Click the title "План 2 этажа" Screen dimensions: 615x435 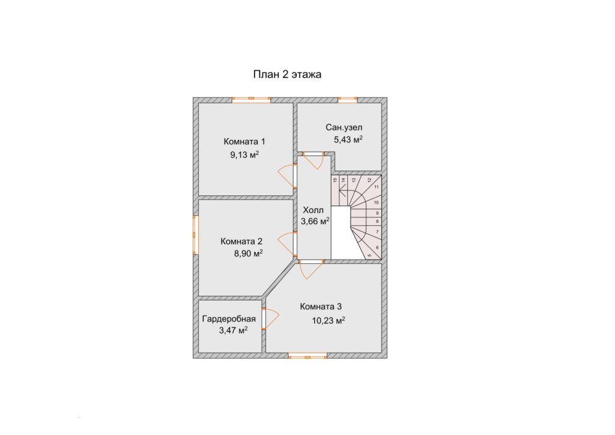click(287, 75)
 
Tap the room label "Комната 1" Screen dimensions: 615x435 click(244, 141)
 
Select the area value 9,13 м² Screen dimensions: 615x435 click(244, 154)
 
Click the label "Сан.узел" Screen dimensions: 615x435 click(344, 127)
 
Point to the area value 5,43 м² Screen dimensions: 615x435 click(348, 139)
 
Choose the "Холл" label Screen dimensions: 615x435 click(314, 211)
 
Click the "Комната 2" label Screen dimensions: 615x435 click(241, 241)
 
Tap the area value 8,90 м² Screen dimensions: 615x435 click(248, 254)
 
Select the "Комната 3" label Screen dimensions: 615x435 click(321, 306)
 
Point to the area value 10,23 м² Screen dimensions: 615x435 click(329, 320)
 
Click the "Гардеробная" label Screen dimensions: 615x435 click(229, 319)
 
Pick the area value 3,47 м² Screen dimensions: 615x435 click(233, 330)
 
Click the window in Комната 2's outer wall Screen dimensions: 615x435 click(195, 234)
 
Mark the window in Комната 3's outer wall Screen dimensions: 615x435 click(308, 355)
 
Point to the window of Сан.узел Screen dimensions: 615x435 click(348, 100)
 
